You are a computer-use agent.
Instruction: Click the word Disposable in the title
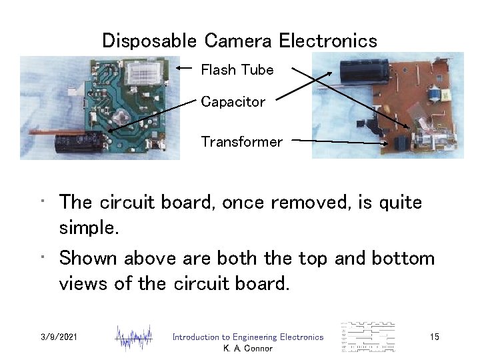(x=149, y=41)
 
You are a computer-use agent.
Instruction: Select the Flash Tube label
(x=237, y=70)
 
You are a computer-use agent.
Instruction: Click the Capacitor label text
(x=233, y=102)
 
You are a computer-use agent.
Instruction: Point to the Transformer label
(x=241, y=142)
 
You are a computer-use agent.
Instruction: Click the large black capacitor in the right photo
(x=360, y=71)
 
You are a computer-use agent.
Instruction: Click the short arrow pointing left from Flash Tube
(x=188, y=68)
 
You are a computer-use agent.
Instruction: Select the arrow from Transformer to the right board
(x=340, y=141)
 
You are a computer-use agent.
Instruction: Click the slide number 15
(x=434, y=337)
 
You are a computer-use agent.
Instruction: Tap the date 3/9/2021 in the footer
(x=59, y=337)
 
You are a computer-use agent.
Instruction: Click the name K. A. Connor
(x=248, y=348)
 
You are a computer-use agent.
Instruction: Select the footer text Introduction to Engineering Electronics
(x=247, y=337)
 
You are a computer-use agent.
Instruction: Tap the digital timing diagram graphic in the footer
(x=367, y=337)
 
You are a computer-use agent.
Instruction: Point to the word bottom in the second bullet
(x=399, y=258)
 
